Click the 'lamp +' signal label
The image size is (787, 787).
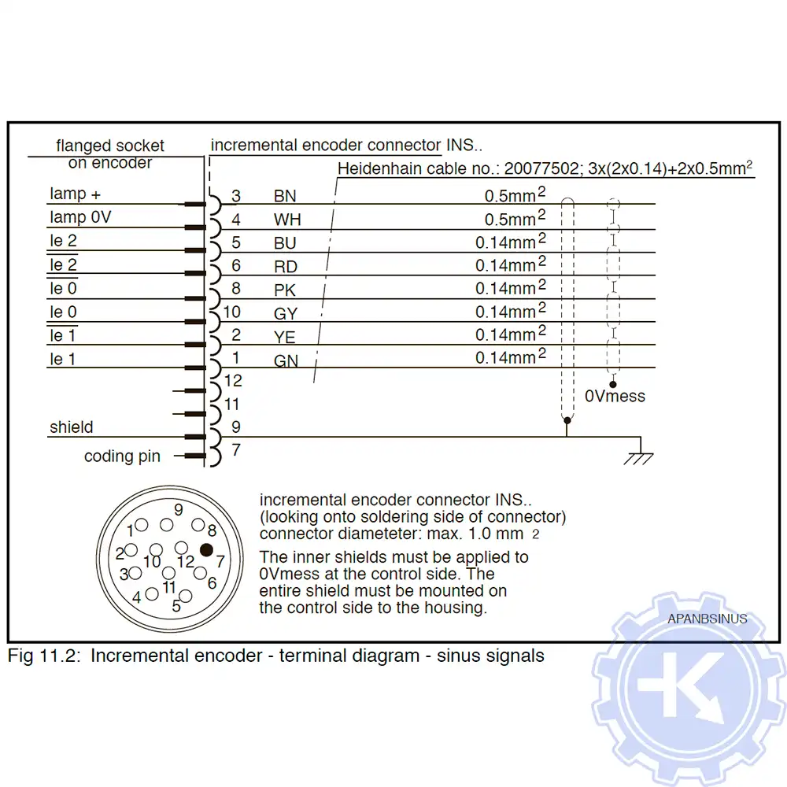click(x=75, y=194)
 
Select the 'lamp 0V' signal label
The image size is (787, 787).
click(x=80, y=216)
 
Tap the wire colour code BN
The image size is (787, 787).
click(x=285, y=196)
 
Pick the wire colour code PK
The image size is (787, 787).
click(x=285, y=290)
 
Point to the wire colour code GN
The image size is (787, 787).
click(x=286, y=361)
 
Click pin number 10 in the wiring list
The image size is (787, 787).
click(x=231, y=312)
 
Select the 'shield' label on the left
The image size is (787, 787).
click(x=71, y=427)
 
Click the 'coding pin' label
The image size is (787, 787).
click(x=122, y=456)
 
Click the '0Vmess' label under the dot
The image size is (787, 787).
click(x=615, y=396)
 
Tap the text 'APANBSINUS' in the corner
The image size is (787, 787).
click(x=707, y=619)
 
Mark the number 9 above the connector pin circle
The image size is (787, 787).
click(x=179, y=510)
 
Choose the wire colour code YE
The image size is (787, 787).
click(x=285, y=338)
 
